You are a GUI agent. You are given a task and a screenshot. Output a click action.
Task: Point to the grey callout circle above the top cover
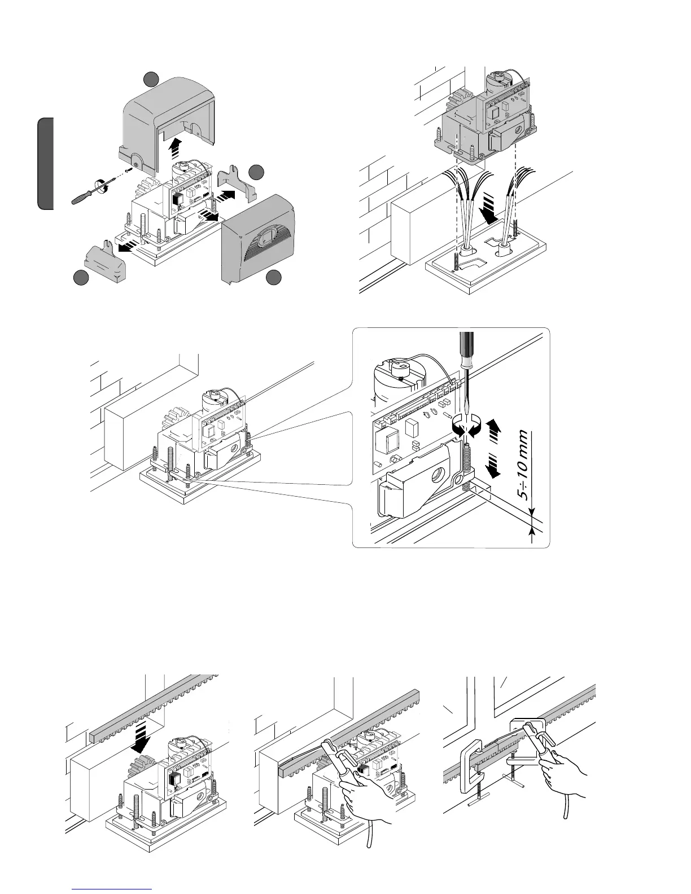[x=150, y=80]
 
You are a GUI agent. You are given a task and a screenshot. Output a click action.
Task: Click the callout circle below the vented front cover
[x=274, y=277]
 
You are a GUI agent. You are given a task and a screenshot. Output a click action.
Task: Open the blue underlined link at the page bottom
[x=112, y=889]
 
